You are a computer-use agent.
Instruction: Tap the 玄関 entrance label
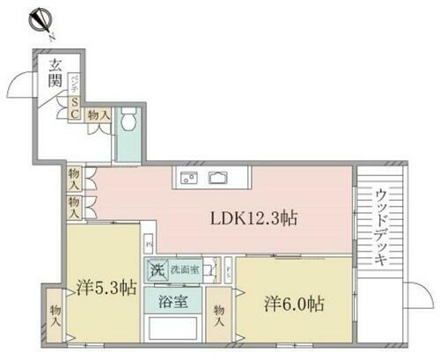point(55,75)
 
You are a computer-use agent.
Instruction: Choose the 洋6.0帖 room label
point(293,304)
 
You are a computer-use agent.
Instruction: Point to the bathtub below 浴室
point(172,332)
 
